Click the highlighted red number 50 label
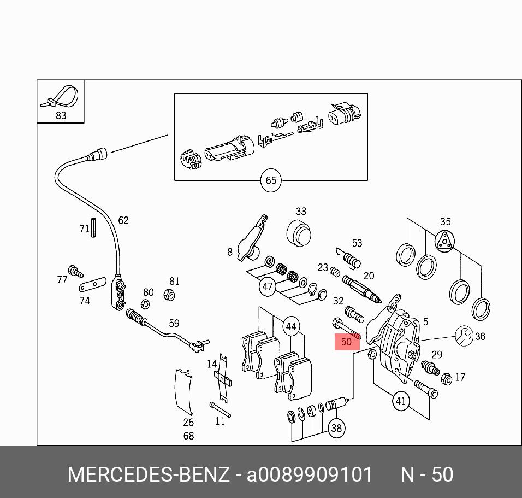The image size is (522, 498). [346, 342]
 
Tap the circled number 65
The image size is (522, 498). [271, 181]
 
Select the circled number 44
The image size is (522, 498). [291, 327]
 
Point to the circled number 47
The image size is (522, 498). [268, 286]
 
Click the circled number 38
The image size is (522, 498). [336, 428]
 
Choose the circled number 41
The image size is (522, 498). [401, 401]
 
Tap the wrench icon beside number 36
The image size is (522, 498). [464, 335]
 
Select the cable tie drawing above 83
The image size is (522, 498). [60, 97]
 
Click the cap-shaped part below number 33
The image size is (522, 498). [299, 234]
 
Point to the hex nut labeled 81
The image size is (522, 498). [169, 296]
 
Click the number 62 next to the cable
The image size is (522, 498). [123, 220]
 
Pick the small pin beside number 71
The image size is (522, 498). [93, 227]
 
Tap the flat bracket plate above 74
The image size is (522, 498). [91, 285]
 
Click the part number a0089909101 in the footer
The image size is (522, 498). [310, 474]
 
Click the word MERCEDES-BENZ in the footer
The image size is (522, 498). [148, 474]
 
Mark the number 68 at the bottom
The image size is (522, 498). [188, 436]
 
